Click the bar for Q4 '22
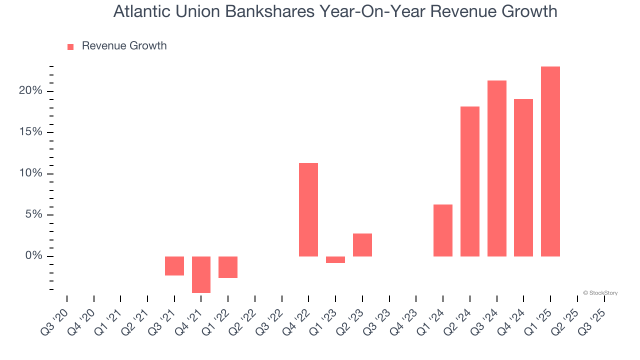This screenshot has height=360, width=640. [308, 209]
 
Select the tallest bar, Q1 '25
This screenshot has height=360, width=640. [550, 161]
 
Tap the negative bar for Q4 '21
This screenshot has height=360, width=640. [201, 274]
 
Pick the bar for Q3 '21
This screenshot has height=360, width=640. [174, 266]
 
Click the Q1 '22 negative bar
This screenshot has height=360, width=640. [228, 267]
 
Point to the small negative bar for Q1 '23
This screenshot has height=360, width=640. [335, 259]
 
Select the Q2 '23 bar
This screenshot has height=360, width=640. [362, 245]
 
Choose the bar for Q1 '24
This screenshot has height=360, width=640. [443, 230]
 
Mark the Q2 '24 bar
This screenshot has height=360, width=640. [470, 181]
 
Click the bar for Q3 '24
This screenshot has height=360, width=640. [497, 168]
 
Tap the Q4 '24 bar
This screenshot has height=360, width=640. [523, 177]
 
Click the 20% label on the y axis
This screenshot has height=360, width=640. [30, 91]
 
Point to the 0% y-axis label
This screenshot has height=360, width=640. [33, 256]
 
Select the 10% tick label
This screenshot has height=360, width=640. [30, 173]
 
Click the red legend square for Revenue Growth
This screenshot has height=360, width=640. [70, 46]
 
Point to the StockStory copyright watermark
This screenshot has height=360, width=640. [600, 293]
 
